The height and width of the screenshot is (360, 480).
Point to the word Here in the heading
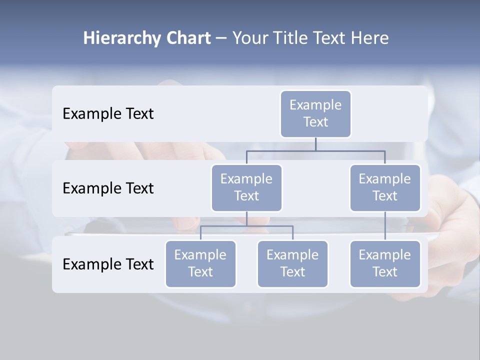369,38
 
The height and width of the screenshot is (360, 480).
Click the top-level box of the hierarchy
315,113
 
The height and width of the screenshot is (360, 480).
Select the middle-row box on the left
246,187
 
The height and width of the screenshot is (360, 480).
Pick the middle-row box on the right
385,187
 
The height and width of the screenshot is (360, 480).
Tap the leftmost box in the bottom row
200,263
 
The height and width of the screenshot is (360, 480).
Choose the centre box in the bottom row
292,263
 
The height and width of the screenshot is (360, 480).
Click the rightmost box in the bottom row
385,263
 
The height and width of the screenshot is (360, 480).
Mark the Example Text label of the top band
108,114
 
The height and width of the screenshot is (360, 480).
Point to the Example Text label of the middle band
108,188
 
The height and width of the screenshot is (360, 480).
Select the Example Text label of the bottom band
108,264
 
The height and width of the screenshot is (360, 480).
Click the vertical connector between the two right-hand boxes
385,226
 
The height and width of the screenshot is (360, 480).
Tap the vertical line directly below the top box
315,144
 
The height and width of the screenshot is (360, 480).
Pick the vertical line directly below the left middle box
246,218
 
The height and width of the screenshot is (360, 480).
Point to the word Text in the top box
315,122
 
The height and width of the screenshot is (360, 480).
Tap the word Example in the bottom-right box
385,255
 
